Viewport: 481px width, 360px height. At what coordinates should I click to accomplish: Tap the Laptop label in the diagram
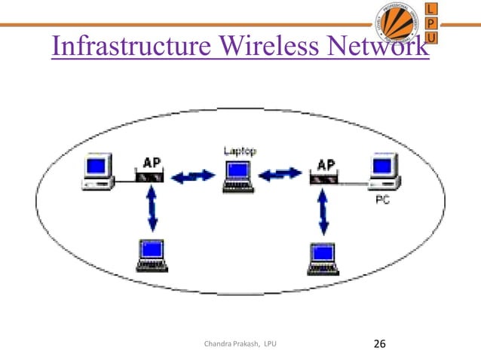coord(240,151)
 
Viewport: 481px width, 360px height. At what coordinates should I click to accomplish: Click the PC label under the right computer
coord(382,200)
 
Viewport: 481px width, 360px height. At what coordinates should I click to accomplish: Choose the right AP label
coord(326,163)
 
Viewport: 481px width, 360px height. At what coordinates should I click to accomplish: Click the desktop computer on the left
coord(98,171)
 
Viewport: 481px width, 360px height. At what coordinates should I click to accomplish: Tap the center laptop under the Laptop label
coord(240,178)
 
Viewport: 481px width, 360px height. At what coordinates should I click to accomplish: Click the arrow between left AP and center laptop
coord(192,178)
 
